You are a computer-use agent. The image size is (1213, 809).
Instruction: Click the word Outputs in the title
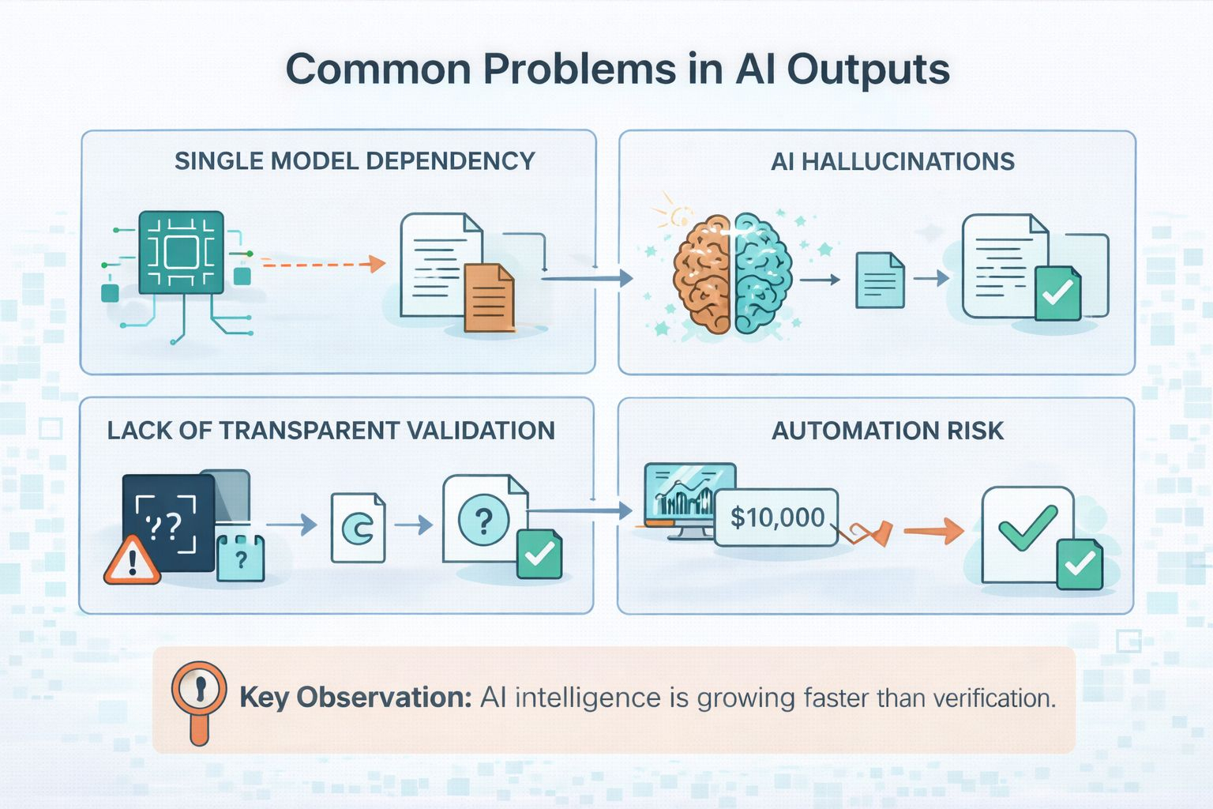point(868,70)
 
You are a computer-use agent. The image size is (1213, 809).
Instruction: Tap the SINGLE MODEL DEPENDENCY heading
point(355,161)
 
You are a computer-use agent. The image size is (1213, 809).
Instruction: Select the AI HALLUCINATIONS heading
point(892,162)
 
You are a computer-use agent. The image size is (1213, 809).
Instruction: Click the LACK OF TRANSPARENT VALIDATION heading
point(331,431)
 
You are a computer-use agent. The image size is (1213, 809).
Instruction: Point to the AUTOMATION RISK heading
point(888,431)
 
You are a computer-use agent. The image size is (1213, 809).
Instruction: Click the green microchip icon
point(181,253)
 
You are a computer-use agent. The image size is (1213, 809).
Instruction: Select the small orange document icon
point(489,298)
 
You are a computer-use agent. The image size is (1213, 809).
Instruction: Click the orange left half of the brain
point(702,273)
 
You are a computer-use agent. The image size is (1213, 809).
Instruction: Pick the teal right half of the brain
point(763,273)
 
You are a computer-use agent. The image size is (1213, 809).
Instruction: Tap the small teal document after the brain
point(880,280)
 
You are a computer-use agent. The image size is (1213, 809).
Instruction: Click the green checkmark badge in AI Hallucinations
point(1057,293)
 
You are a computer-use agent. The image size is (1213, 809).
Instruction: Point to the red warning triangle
point(132,562)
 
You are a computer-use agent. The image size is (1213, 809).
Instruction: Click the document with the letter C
point(359,528)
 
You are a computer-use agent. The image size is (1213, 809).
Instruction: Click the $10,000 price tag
point(776,517)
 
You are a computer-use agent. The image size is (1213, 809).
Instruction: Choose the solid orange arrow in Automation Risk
point(933,531)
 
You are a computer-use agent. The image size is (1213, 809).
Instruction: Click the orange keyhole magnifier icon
point(199,694)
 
